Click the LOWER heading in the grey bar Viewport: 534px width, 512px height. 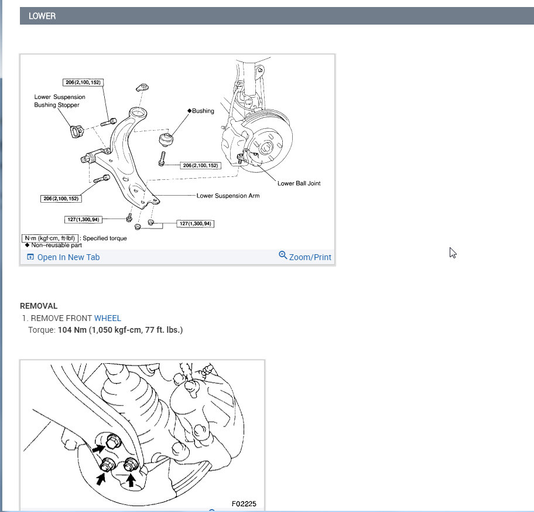(42, 16)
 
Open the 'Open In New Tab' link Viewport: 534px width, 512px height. (68, 257)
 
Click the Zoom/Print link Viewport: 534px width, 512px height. (310, 257)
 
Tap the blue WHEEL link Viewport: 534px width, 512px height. (108, 318)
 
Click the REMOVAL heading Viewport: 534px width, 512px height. (39, 306)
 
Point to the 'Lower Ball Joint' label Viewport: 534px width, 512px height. (299, 183)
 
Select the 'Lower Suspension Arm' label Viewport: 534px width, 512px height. (228, 196)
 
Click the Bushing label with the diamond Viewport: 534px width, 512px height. (201, 111)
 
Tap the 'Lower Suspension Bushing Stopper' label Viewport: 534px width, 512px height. (60, 101)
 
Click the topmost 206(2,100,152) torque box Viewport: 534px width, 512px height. (83, 83)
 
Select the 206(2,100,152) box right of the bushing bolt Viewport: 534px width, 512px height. (201, 166)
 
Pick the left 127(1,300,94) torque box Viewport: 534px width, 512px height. (83, 219)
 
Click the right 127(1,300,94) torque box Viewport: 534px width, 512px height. (195, 224)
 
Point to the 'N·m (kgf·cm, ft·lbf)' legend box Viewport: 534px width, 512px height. (50, 238)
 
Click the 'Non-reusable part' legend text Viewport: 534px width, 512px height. (57, 245)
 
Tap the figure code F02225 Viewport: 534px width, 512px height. (244, 504)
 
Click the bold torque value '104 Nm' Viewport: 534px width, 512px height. (72, 330)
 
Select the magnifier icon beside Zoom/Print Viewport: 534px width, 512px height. (283, 255)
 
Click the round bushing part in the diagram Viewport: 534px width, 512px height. (166, 139)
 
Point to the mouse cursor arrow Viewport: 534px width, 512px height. (452, 252)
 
